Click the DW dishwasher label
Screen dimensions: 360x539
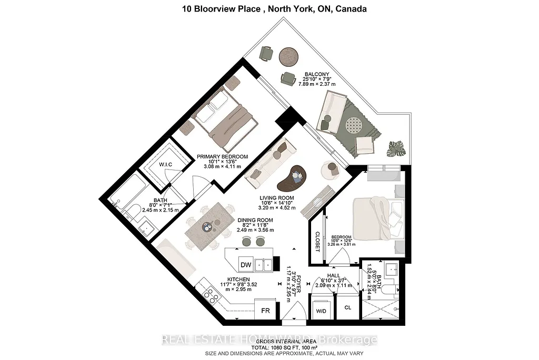(245, 264)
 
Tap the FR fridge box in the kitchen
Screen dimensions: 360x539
(265, 311)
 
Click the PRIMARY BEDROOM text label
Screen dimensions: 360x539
(222, 156)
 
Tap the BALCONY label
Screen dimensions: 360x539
(318, 74)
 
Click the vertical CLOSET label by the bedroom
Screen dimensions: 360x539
(317, 242)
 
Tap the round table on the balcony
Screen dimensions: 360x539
(288, 55)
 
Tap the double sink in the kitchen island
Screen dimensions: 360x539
(263, 264)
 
